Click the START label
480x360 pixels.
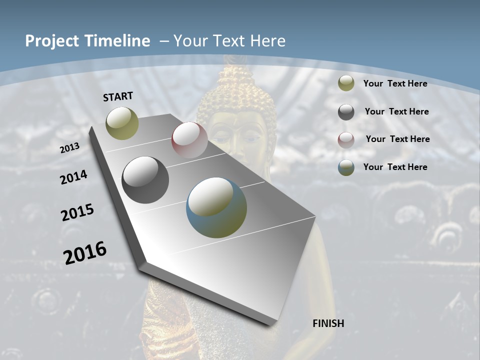point(118,96)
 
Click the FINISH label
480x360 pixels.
point(328,323)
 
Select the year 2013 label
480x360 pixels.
point(70,148)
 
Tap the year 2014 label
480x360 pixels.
point(74,177)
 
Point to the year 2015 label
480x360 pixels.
point(77,212)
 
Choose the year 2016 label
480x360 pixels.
point(85,253)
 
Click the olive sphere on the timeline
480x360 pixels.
point(122,123)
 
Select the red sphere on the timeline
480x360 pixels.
point(189,140)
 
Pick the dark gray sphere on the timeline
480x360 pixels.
point(145,180)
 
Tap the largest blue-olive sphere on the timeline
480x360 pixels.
point(216,207)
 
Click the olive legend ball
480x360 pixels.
point(346,83)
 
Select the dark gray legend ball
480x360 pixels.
point(346,112)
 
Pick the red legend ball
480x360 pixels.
point(346,139)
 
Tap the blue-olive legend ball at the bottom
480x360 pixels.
point(346,167)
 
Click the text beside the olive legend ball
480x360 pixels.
point(395,83)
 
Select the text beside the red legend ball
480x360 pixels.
point(397,139)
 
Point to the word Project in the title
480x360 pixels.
point(50,41)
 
